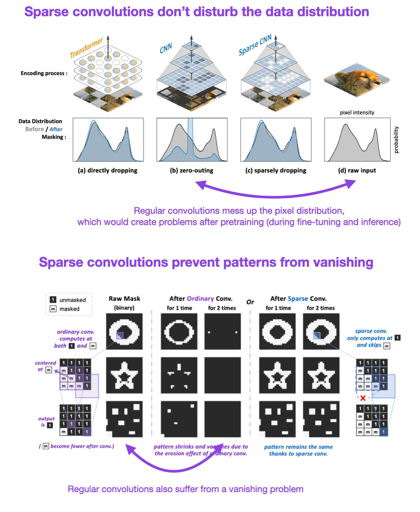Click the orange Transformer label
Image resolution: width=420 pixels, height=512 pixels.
pos(86,48)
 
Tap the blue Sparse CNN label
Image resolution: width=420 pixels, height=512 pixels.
pos(255,45)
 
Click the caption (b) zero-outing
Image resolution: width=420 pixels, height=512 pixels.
pos(191,170)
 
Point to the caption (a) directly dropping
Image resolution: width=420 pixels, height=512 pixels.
pos(107,170)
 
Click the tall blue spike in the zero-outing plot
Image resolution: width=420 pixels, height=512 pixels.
pos(190,135)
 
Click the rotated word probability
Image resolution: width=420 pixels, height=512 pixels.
pos(396,140)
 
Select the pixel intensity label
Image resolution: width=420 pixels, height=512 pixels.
pos(357,112)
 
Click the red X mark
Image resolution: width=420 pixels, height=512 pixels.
pos(363,398)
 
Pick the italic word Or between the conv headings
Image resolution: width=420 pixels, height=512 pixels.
pos(250,302)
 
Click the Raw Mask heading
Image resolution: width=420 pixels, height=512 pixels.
pos(124,299)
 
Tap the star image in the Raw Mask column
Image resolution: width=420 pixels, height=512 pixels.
pos(124,375)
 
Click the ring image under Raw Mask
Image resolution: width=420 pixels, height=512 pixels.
pos(124,331)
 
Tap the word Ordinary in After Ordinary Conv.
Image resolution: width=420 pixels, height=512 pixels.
pos(200,299)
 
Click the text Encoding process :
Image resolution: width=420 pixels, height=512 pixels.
pos(44,73)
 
